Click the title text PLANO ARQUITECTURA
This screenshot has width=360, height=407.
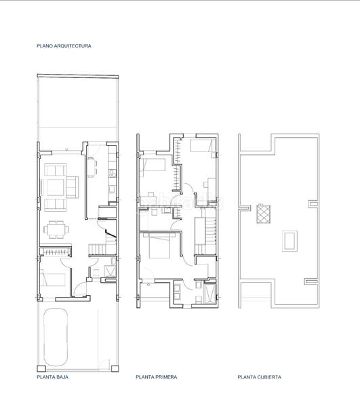64,46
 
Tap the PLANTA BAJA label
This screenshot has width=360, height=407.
54,377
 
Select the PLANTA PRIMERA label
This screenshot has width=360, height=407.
156,377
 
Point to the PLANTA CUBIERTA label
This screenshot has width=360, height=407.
259,377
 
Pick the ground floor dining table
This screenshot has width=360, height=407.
56,230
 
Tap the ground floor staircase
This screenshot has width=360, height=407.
100,245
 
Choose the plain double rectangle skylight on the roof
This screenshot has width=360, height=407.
289,239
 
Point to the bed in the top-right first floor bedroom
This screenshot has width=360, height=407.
200,147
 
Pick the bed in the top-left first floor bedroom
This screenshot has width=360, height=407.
153,164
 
